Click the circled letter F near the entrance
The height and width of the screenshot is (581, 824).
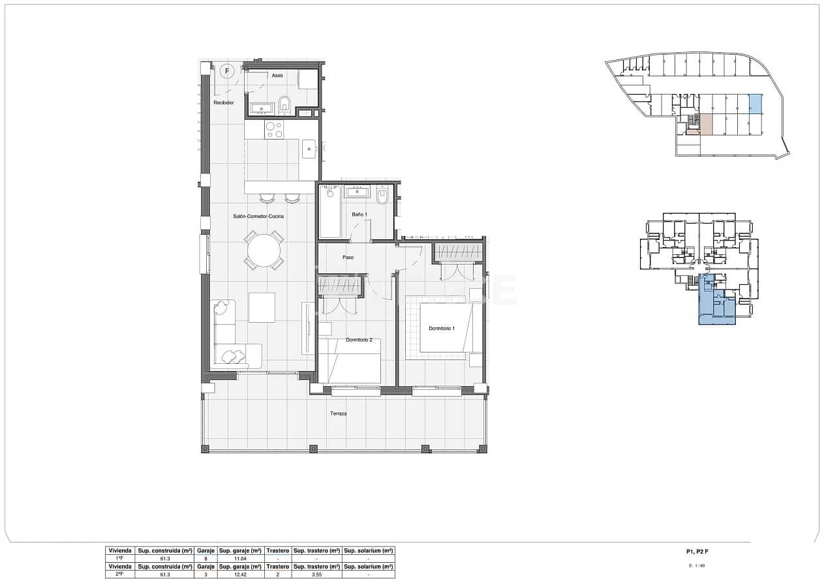click(227, 70)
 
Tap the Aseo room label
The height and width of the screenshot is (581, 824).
click(277, 76)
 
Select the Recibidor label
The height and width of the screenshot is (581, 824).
click(223, 102)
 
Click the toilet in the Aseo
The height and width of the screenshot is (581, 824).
click(284, 105)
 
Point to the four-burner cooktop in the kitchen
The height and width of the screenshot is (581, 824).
click(275, 129)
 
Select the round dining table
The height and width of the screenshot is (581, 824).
click(264, 250)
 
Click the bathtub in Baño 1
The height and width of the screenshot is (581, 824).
click(329, 211)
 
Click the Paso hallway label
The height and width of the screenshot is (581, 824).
click(348, 258)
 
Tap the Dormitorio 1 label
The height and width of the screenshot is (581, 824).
click(442, 328)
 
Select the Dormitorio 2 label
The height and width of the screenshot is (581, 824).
click(359, 340)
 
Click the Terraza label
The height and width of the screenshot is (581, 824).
click(338, 413)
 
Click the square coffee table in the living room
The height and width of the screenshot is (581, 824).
click(262, 307)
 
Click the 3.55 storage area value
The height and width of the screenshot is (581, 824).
click(316, 567)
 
